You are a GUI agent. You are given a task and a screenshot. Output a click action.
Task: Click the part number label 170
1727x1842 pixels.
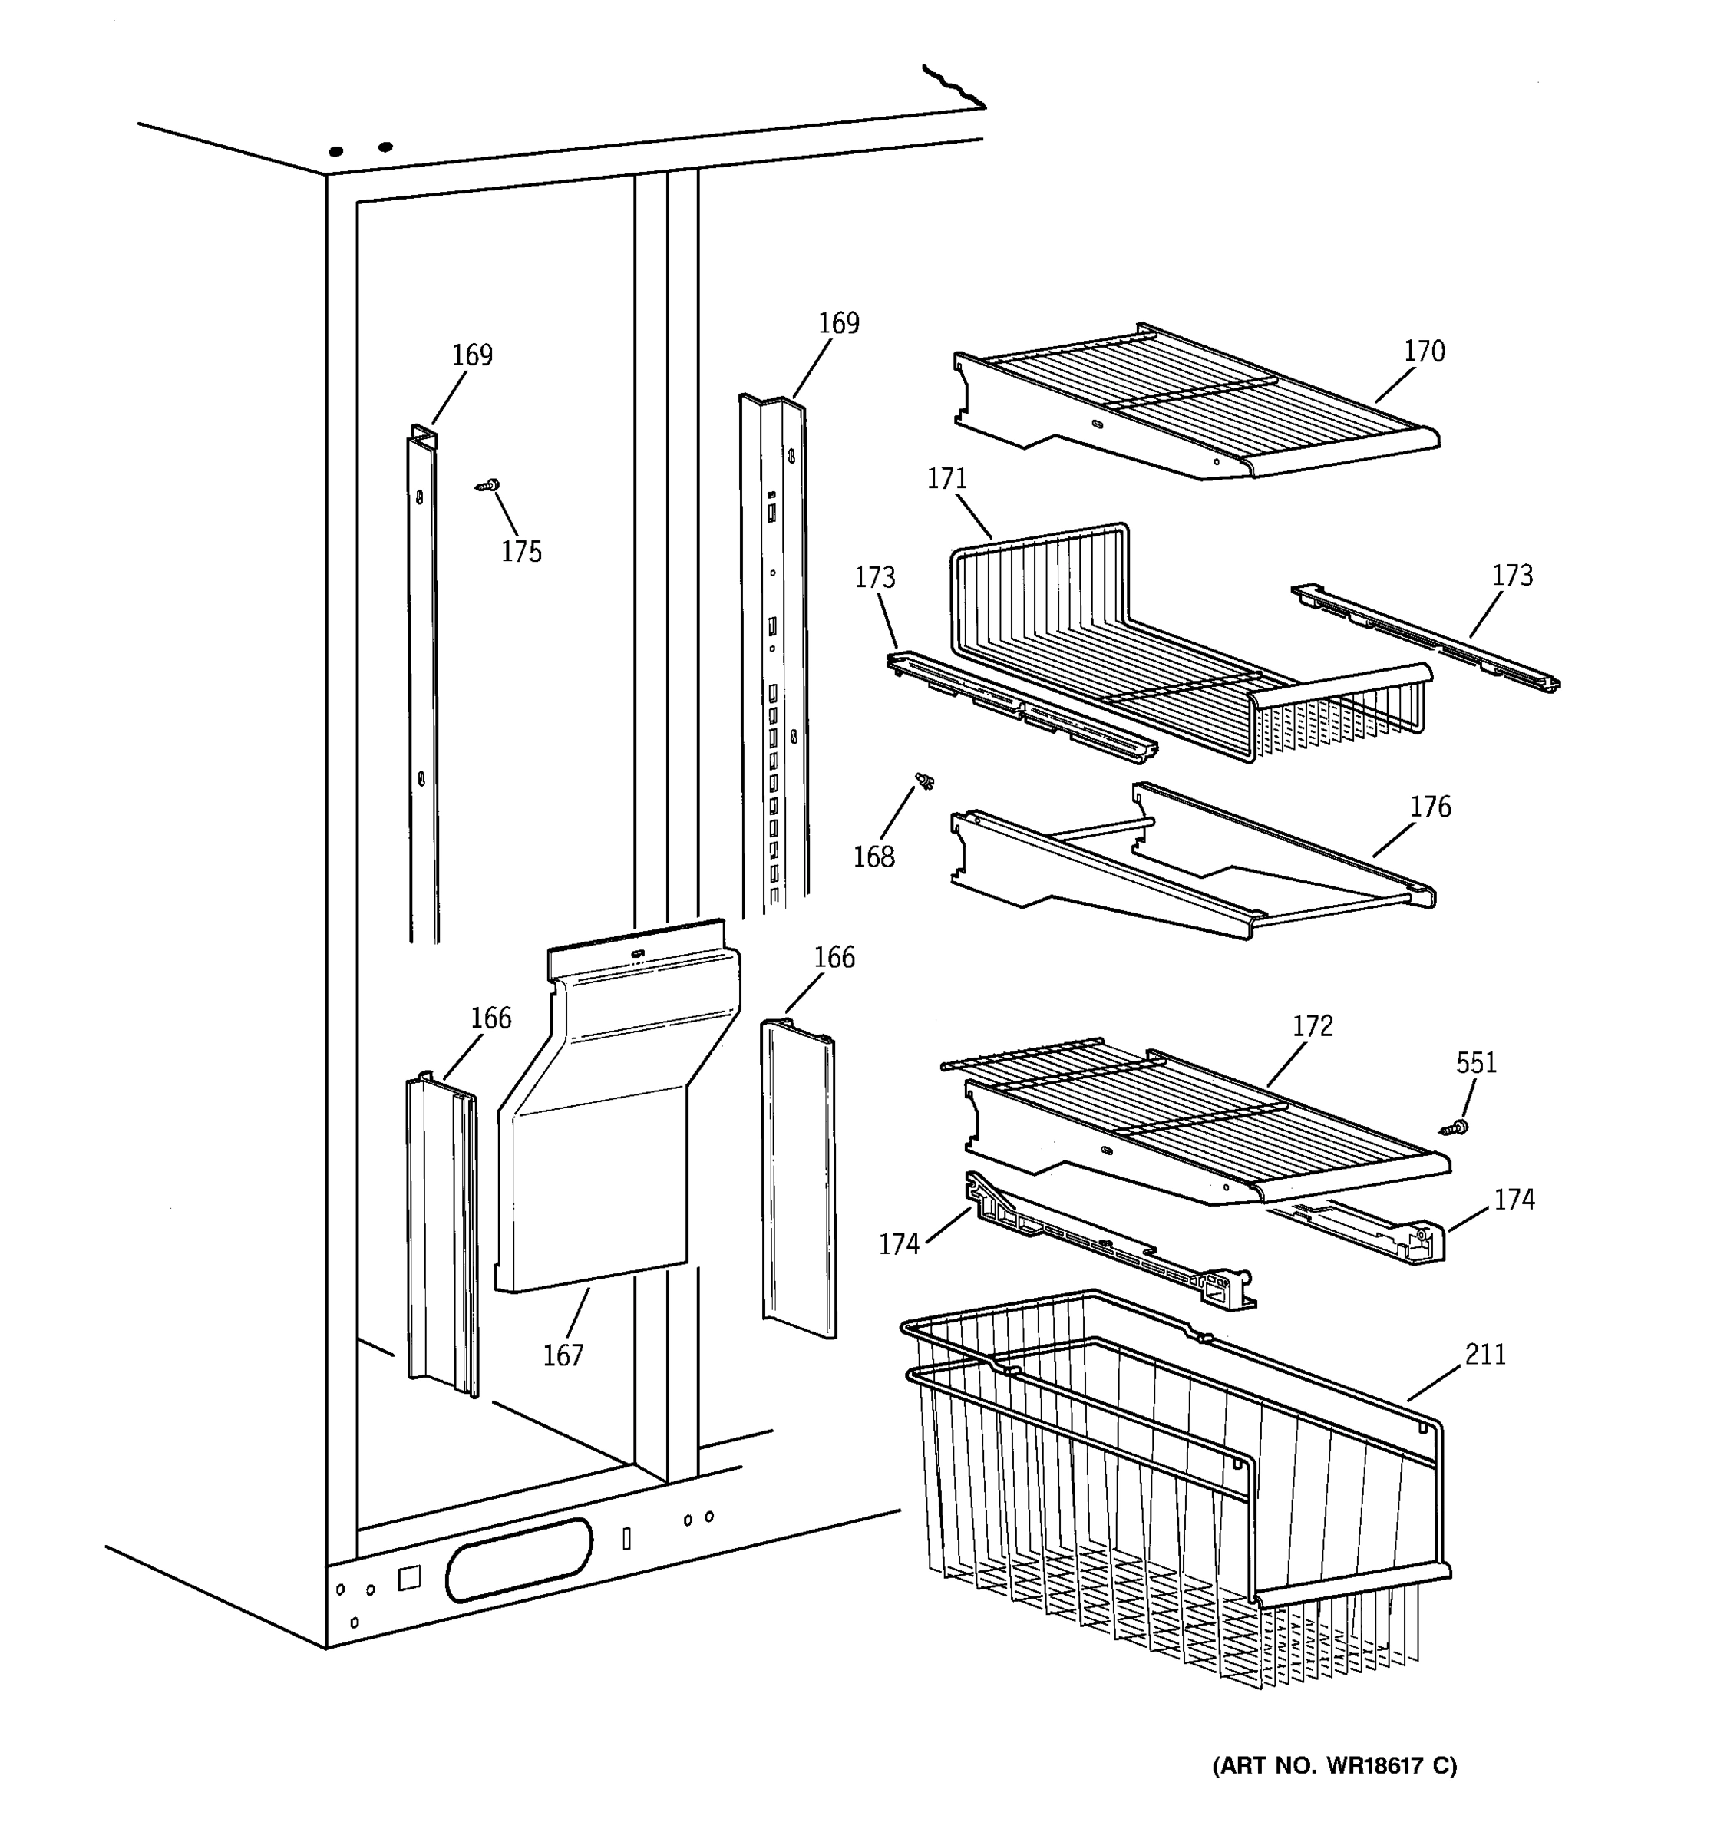tap(1424, 352)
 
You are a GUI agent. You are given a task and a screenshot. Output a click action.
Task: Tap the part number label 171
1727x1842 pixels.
tap(947, 479)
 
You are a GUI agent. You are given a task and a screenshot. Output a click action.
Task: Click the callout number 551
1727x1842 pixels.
tap(1476, 1063)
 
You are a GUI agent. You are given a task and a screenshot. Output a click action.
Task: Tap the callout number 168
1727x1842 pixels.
tap(873, 857)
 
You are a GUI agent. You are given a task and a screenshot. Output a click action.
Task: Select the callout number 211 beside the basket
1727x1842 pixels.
tap(1485, 1355)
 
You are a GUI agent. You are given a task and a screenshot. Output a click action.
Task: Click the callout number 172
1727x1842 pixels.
tap(1312, 1027)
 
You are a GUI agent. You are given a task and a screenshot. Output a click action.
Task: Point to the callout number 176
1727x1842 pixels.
tap(1431, 807)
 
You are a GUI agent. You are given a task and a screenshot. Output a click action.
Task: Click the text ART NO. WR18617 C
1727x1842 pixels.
tap(1334, 1766)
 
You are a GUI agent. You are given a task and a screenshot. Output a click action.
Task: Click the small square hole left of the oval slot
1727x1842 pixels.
tap(408, 1578)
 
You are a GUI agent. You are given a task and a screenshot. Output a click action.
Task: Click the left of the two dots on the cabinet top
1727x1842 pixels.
tap(336, 151)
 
